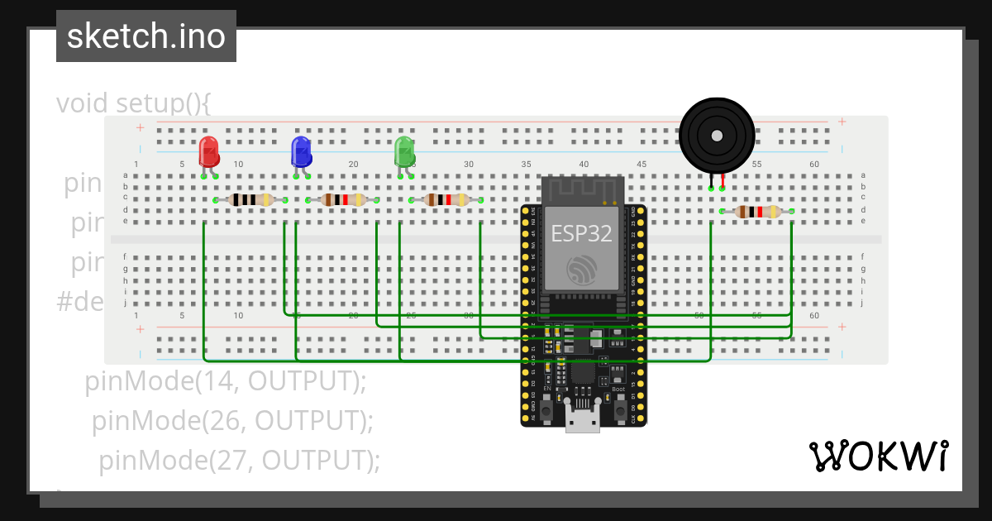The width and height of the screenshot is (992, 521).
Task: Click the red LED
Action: [x=209, y=152]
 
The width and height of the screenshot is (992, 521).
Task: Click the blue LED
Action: [x=301, y=152]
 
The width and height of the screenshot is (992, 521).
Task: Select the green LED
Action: [x=404, y=152]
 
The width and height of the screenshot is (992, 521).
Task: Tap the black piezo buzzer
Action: [x=717, y=136]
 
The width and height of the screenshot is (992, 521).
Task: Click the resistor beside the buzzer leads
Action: [x=757, y=212]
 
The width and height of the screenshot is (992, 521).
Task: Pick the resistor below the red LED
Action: [x=250, y=199]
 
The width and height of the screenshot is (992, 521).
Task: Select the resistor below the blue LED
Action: [x=343, y=199]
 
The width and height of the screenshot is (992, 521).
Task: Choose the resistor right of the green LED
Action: [x=446, y=199]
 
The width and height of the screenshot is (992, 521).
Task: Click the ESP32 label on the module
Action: [x=582, y=233]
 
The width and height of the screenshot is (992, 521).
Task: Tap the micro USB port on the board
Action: [x=583, y=420]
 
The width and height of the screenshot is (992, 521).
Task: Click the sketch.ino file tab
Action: [x=146, y=36]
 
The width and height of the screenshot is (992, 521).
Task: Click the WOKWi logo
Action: [x=878, y=456]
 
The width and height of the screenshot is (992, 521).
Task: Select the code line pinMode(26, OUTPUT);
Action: [x=232, y=420]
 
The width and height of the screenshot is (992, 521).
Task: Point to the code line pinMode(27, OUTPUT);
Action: [x=240, y=459]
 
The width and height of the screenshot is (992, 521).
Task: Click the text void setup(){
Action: [x=134, y=103]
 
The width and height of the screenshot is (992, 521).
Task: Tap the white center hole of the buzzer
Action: [x=717, y=136]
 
